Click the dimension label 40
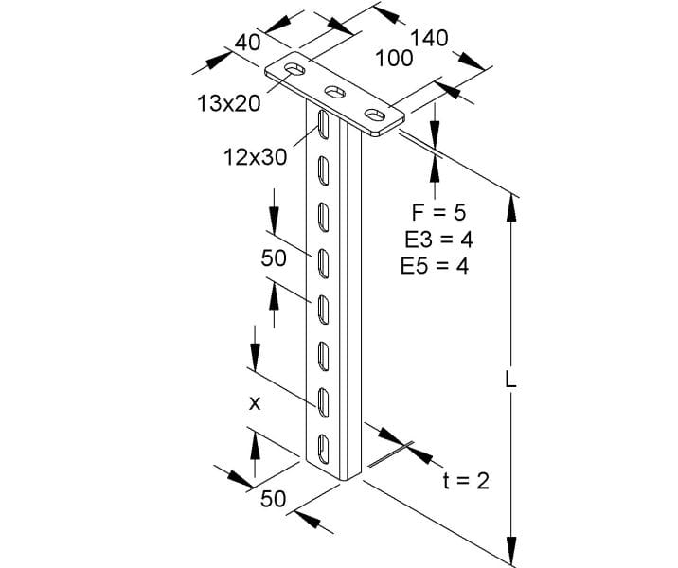coord(248,43)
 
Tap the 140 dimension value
coord(429,38)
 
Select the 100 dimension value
coord(394,59)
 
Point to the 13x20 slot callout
coord(229,104)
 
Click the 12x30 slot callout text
coord(255,157)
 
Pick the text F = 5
coord(438,213)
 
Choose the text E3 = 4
coord(438,240)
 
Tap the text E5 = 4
coord(435,266)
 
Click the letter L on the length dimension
coord(510,381)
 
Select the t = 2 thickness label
coord(466,481)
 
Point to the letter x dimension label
coord(255,403)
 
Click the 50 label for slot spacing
coord(274,258)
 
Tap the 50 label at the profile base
coord(274,499)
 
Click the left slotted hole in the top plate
coord(294,69)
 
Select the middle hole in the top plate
coord(334,92)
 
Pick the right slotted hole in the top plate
coord(375,115)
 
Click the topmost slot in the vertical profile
coord(322,125)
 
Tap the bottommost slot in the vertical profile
coord(324,448)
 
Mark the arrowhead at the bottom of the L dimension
coord(511,548)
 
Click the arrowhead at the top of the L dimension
coord(511,208)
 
